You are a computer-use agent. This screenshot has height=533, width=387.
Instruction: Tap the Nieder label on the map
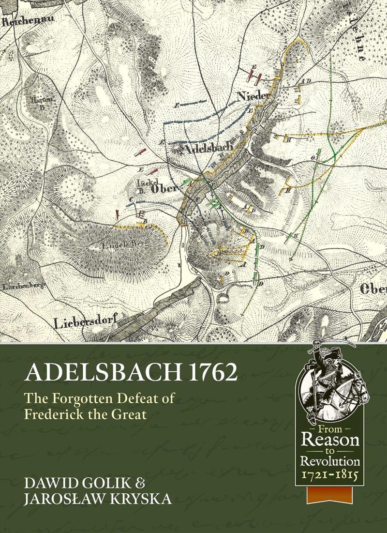pos(252,96)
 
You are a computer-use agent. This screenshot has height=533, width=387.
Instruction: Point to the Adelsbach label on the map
pos(208,146)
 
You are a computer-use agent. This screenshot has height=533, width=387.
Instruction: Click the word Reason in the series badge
pos(330,439)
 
